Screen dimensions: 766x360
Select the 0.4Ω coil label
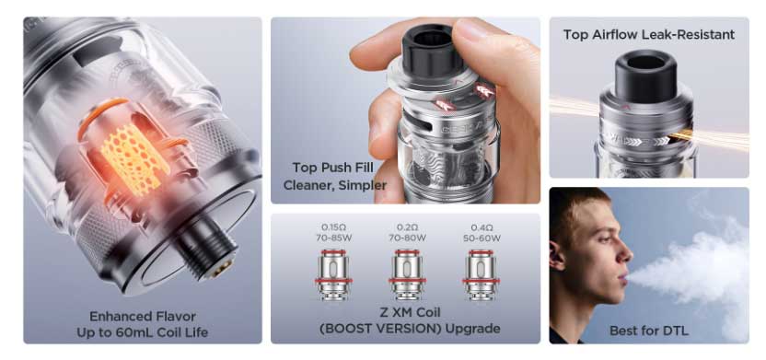click(482, 227)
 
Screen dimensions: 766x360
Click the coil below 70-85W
click(332, 274)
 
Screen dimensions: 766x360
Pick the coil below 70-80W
click(408, 274)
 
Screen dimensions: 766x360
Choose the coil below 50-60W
click(482, 274)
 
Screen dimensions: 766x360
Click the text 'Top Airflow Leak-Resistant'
click(649, 35)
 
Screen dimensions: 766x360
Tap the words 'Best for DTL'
click(649, 331)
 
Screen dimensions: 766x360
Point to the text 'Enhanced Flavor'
click(143, 316)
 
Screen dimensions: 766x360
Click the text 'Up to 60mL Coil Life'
click(142, 332)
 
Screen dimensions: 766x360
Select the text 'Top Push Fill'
click(332, 168)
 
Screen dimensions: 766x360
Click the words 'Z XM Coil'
click(410, 312)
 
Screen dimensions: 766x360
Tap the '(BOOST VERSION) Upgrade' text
click(410, 329)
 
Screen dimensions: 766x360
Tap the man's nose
click(627, 252)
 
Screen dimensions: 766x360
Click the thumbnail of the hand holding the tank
click(405, 110)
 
